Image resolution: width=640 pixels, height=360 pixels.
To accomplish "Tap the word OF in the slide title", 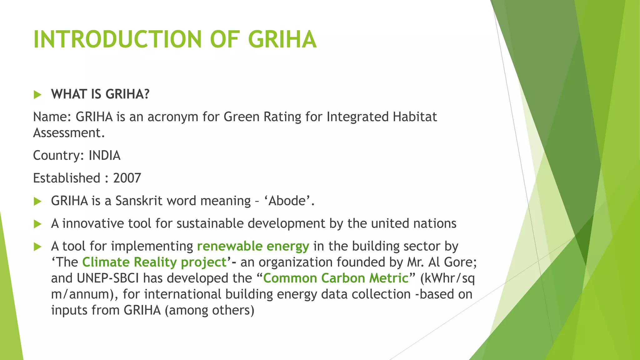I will point(225,39).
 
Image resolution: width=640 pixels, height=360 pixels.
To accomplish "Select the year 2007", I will point(127,178).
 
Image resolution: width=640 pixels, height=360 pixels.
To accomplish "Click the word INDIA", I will point(104,155).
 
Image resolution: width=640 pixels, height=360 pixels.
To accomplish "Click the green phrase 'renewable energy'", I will point(253,246).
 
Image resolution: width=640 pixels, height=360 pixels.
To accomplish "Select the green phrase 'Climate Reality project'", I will point(154,262).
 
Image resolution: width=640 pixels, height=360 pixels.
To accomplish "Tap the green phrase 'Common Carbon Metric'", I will point(336,278).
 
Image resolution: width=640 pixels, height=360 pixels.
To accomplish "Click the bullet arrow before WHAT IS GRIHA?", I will point(37,94).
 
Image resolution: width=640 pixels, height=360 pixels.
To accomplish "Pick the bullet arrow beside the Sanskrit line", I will point(37,201).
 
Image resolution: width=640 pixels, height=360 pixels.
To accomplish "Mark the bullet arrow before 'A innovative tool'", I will point(37,224).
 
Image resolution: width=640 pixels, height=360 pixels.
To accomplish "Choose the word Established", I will point(67,178).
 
